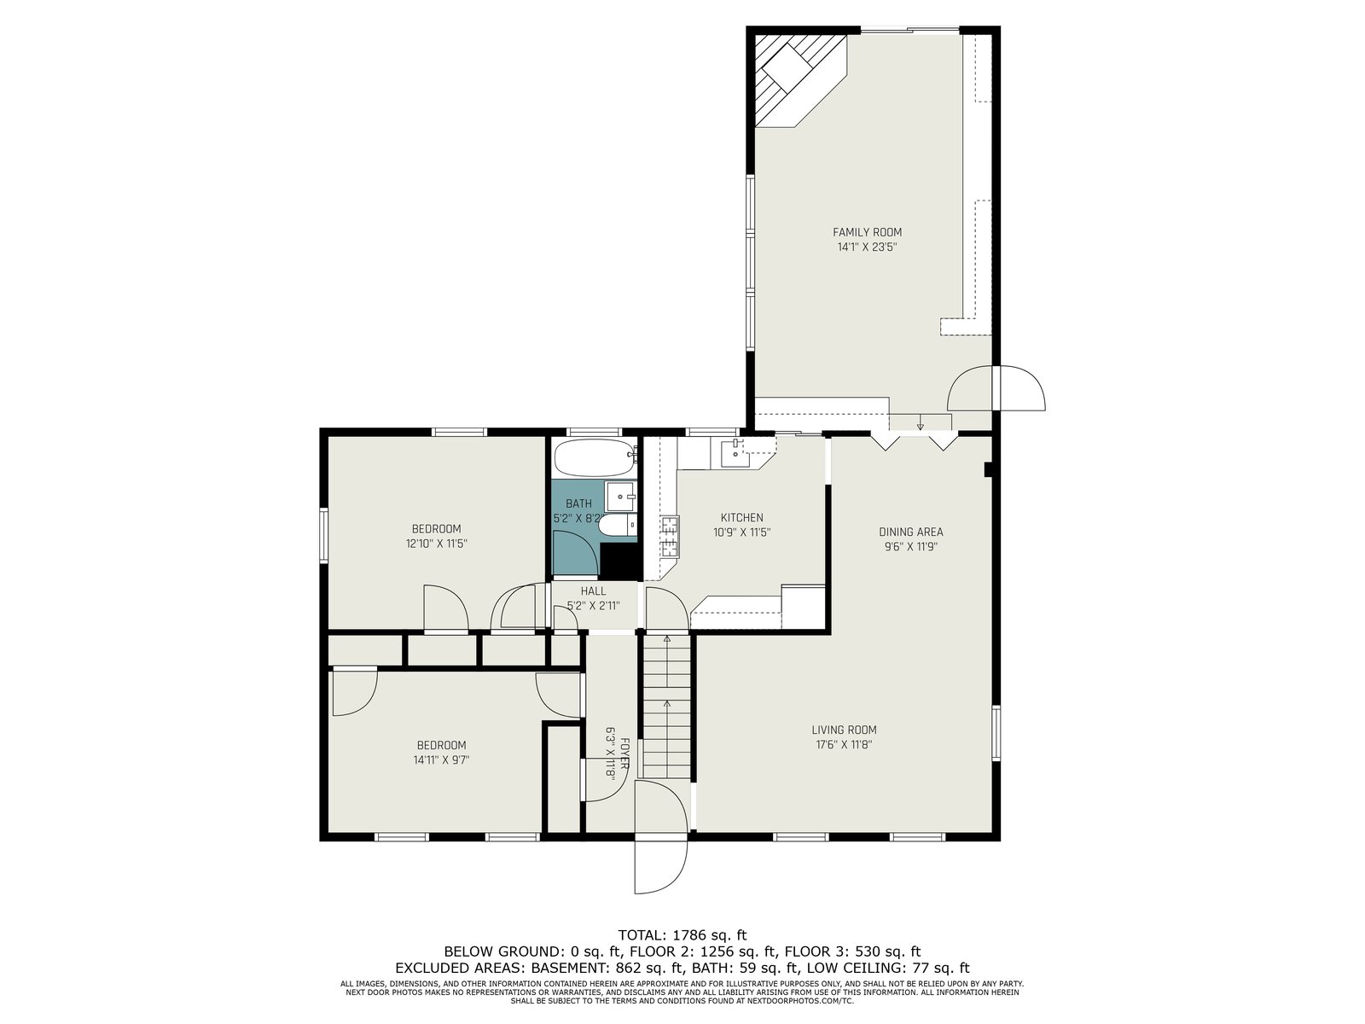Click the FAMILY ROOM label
tap(867, 232)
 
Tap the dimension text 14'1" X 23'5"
tap(867, 247)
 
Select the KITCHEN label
tap(741, 517)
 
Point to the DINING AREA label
tap(910, 532)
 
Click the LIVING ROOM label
tap(844, 730)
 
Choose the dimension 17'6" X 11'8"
tap(844, 745)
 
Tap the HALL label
tap(593, 591)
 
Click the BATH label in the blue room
tap(578, 503)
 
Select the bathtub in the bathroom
tap(595, 457)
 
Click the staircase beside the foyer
tap(666, 705)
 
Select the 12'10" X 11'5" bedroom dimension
tap(436, 544)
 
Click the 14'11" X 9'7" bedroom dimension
tap(441, 759)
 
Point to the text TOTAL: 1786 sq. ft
tap(682, 934)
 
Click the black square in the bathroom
tap(620, 561)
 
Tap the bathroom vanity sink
tap(620, 496)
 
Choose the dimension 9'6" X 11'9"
tap(910, 546)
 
